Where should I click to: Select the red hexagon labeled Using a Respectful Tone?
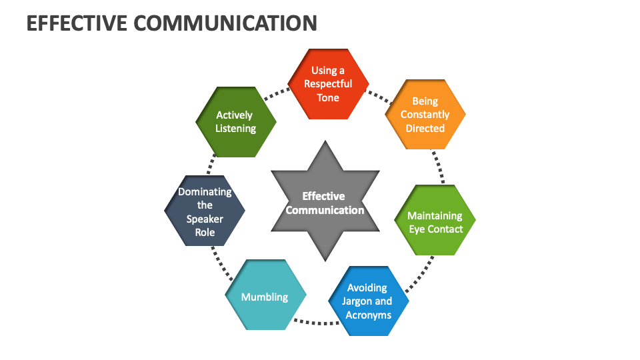[x=328, y=84]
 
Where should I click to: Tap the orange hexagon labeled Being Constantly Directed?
[x=425, y=115]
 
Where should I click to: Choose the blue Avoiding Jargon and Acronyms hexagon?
[x=367, y=301]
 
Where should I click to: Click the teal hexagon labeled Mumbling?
[x=265, y=297]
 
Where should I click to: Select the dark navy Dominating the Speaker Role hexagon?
[x=205, y=211]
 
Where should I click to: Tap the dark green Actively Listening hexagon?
[x=235, y=121]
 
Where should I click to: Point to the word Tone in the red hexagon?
[x=328, y=98]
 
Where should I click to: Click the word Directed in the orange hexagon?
[x=425, y=128]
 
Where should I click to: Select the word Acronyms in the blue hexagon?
[x=368, y=315]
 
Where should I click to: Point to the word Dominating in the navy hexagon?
[x=205, y=191]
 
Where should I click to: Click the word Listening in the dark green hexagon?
[x=235, y=128]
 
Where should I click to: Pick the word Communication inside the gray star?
[x=325, y=210]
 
